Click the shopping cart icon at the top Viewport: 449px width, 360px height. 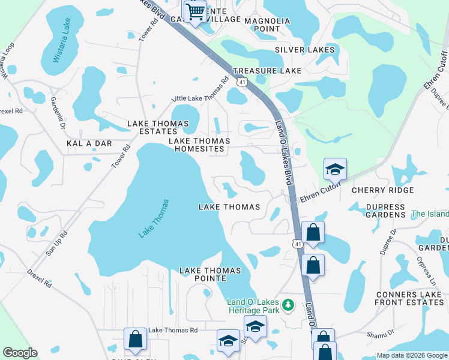point(194,11)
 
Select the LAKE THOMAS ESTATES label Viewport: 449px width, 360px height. point(158,124)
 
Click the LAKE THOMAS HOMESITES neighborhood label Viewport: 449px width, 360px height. point(199,145)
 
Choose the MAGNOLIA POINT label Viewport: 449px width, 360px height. point(267,25)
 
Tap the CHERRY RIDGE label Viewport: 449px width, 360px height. point(382,190)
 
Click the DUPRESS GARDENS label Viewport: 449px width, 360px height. point(378,210)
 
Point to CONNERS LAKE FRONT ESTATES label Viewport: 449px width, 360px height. point(409,298)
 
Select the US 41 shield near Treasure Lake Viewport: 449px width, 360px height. point(241,81)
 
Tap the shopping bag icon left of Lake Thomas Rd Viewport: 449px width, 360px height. point(135,339)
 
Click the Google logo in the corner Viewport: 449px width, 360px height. point(20,353)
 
